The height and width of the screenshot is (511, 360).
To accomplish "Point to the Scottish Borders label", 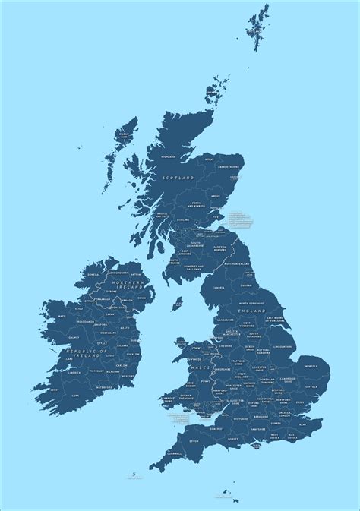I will click(x=220, y=248).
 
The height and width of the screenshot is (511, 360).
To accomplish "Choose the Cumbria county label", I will click(x=218, y=288).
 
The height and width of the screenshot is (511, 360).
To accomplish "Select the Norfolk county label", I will click(x=311, y=366).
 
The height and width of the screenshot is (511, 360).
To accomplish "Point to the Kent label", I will click(x=302, y=424).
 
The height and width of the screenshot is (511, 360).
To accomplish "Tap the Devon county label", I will click(x=194, y=441).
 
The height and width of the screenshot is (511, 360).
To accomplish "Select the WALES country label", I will click(x=199, y=367).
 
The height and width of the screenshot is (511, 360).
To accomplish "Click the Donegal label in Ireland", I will click(x=93, y=275).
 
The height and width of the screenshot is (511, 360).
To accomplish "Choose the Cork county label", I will click(x=74, y=395).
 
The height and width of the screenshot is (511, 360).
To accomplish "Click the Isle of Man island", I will click(x=179, y=304).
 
